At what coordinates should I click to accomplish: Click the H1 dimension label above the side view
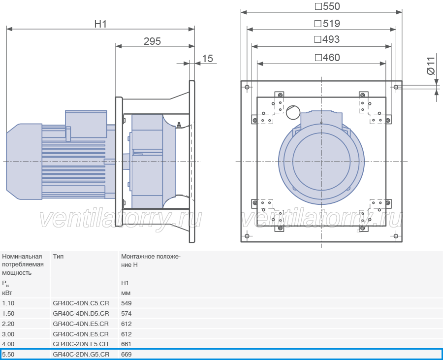100,24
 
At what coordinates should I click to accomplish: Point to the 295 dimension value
152,41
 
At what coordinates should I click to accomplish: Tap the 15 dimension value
207,59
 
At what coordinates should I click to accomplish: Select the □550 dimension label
327,6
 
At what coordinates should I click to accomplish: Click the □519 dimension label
327,24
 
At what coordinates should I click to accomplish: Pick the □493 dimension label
327,39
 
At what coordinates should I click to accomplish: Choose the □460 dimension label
327,58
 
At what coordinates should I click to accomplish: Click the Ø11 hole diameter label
430,66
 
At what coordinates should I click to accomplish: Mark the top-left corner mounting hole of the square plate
247,87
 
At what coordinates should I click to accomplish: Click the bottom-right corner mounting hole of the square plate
396,236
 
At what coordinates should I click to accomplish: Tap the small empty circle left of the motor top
293,112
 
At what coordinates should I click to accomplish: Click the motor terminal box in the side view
86,124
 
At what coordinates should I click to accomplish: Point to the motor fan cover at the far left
24,162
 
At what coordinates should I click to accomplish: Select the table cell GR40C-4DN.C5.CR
81,303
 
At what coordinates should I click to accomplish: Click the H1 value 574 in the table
127,313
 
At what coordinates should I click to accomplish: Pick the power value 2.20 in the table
8,324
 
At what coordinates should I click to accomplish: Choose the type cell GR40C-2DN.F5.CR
81,344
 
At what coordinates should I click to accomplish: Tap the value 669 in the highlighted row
127,355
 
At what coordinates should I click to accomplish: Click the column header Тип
58,256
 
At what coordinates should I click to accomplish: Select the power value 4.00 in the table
8,344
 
